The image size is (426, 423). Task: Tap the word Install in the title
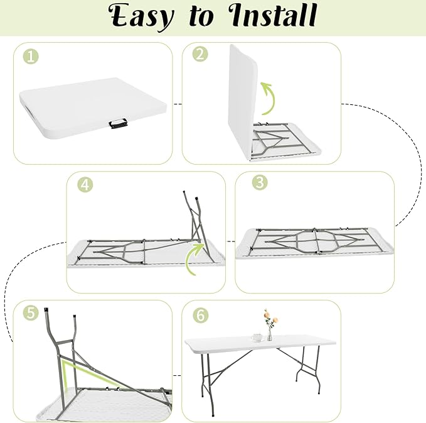(x=272, y=15)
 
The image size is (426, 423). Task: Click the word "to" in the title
(x=201, y=17)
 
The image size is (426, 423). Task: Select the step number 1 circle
(x=31, y=57)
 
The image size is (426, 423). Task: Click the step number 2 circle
(x=200, y=54)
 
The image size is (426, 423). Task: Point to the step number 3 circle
(x=260, y=182)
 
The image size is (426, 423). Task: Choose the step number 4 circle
(x=85, y=185)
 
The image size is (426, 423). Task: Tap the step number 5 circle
(x=31, y=312)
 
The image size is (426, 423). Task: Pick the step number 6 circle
(x=201, y=316)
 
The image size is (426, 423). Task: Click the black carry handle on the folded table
(x=118, y=124)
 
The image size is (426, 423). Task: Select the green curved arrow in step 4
(x=193, y=258)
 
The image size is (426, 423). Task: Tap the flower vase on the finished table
(x=270, y=334)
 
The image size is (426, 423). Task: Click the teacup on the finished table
(x=257, y=338)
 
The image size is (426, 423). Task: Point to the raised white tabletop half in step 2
(x=242, y=101)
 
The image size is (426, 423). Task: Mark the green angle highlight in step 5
(x=82, y=371)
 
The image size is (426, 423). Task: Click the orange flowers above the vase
(x=270, y=317)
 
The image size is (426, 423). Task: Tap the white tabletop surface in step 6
(x=260, y=344)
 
